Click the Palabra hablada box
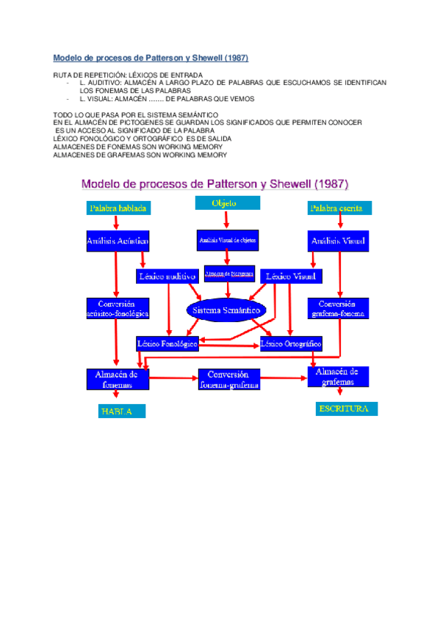118,208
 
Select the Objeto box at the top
223,203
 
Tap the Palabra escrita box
336,208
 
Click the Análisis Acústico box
118,240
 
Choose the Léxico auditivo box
167,276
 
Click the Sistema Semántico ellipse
226,310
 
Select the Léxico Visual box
290,276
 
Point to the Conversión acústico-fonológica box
118,308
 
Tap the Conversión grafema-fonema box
337,308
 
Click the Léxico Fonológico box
167,343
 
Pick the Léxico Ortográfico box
291,343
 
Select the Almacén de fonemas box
118,378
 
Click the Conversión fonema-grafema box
228,378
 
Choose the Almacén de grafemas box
337,376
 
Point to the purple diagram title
214,183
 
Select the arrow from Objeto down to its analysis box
226,220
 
